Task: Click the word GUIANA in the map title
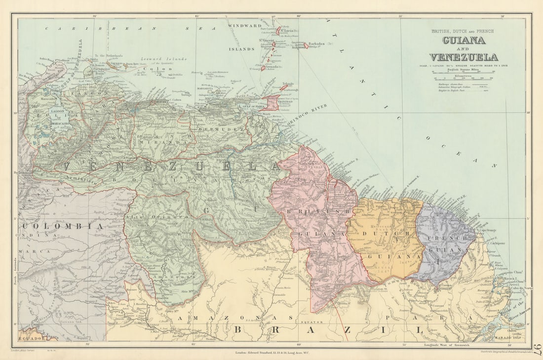point(463,41)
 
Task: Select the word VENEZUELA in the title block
point(463,57)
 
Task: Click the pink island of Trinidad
point(271,103)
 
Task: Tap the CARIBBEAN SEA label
point(123,29)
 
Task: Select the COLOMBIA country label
point(62,226)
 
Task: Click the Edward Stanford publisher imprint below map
point(271,352)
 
